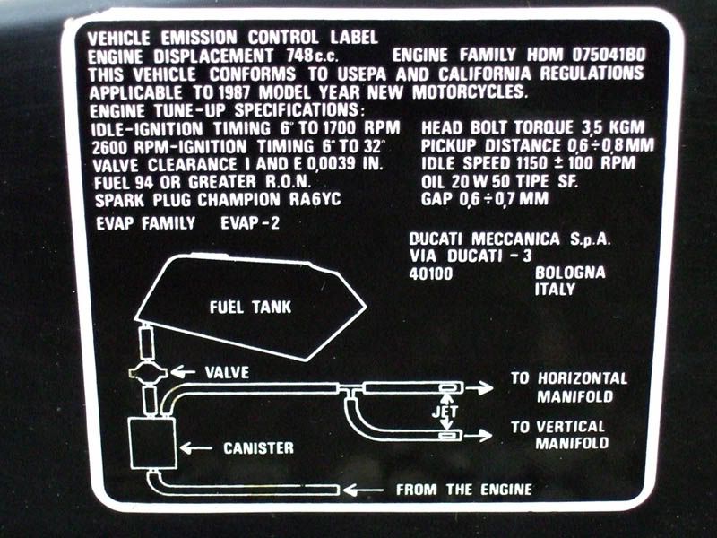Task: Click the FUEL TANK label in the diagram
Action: [251, 307]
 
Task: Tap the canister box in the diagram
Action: [153, 443]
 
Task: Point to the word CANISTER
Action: [258, 447]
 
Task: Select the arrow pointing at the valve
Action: [184, 372]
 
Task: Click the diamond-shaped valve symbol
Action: [148, 373]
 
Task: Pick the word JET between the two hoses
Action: [445, 412]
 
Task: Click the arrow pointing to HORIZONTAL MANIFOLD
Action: [479, 388]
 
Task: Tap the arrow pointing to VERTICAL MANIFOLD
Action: [479, 435]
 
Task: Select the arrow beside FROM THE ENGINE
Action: [364, 490]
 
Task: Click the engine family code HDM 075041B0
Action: [586, 56]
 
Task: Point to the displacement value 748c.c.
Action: [313, 56]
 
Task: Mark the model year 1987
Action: [234, 93]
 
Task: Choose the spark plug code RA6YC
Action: [315, 200]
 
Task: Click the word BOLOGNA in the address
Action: [570, 273]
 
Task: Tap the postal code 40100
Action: [431, 273]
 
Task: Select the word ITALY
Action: [555, 289]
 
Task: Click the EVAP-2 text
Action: [250, 223]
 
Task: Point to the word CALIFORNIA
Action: [485, 74]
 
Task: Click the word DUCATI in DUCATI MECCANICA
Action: [436, 239]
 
